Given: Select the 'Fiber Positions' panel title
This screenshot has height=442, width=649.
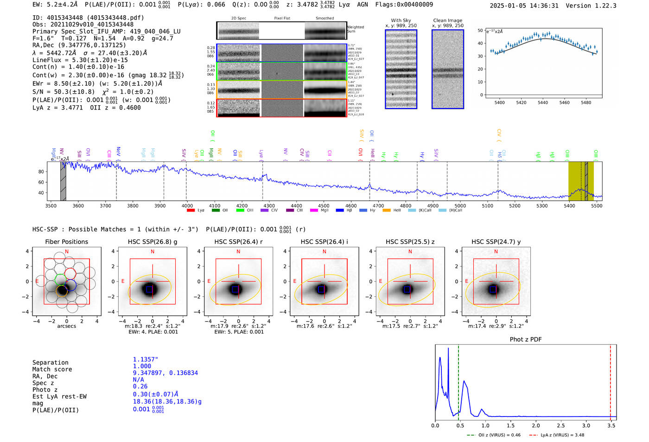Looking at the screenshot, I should coord(66,242).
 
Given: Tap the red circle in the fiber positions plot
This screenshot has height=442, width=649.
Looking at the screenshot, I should coord(70,274).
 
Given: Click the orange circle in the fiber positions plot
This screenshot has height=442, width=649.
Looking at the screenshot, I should coord(62,291).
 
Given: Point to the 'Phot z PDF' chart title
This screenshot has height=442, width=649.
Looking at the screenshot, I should coord(526,340).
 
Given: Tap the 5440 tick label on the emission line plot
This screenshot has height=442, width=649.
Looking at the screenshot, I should coord(543,102).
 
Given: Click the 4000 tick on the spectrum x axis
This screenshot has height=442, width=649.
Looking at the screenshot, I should coord(187,205).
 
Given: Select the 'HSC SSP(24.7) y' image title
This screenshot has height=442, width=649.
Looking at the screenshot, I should coord(496,242).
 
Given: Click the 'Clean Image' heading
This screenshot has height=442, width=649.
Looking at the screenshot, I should coord(447,20).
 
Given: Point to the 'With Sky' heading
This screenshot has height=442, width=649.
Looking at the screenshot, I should coord(401,20).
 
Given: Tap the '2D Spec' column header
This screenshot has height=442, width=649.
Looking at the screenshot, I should coord(239,19).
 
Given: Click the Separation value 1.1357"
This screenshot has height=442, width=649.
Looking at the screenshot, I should coord(146,359).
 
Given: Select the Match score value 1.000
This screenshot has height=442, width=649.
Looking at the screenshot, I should coord(142,366).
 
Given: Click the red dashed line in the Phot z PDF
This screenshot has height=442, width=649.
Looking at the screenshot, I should coord(610,380).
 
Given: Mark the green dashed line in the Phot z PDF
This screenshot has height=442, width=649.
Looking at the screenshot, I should coord(458,380).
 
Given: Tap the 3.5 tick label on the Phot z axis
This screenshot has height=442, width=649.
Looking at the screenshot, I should coord(611,425).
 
